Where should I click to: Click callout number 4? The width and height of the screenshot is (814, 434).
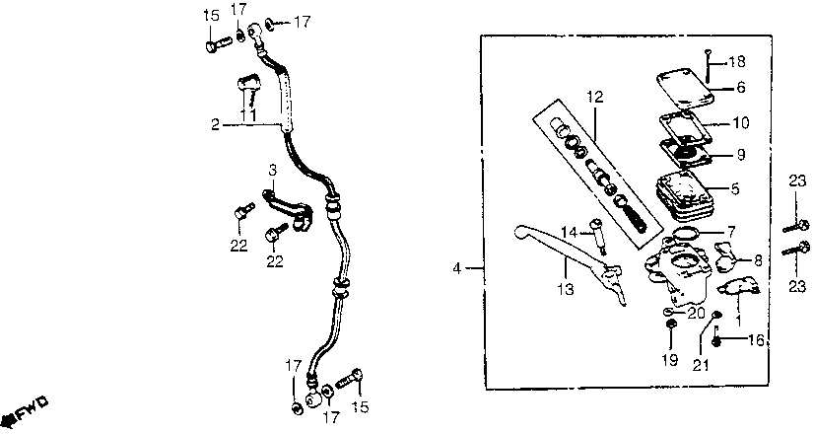click(x=456, y=267)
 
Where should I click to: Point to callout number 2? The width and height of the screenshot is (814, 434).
click(x=214, y=124)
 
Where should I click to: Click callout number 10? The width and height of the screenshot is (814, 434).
click(x=741, y=125)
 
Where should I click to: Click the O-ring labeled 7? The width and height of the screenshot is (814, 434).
click(x=686, y=233)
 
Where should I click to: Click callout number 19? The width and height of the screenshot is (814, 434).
click(x=668, y=361)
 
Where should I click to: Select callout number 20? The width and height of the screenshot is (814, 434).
click(x=696, y=314)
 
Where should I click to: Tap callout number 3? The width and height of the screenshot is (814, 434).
click(x=270, y=170)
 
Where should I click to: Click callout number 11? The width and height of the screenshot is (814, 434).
click(x=249, y=116)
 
